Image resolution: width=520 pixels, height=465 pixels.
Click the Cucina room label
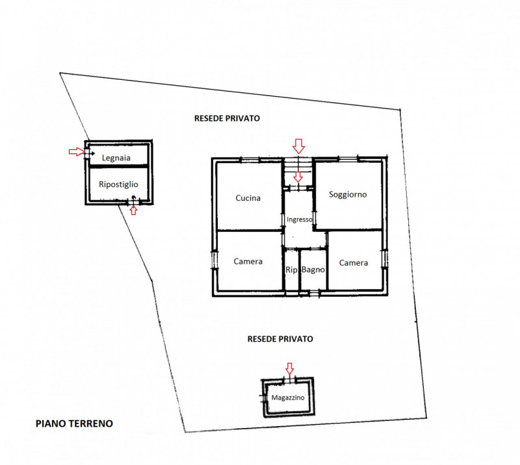[248, 198]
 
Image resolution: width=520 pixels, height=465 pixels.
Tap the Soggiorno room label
[348, 195]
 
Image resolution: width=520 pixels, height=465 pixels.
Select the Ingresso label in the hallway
[299, 220]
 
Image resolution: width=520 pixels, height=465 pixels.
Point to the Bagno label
[313, 270]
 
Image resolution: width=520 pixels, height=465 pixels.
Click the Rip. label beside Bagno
[292, 270]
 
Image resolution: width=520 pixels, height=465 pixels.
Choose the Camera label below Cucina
[248, 262]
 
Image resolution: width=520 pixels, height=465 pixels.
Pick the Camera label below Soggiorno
[353, 263]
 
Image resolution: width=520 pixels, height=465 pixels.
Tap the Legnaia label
[116, 158]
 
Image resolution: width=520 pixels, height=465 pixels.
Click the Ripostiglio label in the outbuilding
[118, 184]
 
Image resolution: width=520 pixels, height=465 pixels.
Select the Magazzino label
[287, 397]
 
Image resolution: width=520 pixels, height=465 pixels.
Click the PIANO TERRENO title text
[74, 423]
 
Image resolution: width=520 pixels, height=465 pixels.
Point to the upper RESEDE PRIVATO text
[227, 118]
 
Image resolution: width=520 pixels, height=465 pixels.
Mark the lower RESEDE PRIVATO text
[280, 339]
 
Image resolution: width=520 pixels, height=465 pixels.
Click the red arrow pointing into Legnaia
[77, 152]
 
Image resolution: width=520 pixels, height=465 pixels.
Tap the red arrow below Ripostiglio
[133, 210]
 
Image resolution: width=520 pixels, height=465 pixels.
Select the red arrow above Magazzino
[289, 368]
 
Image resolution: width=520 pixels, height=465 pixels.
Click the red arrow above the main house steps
[298, 146]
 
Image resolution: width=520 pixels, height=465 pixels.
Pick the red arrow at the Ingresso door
[298, 177]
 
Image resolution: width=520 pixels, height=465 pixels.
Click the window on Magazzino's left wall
[264, 397]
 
